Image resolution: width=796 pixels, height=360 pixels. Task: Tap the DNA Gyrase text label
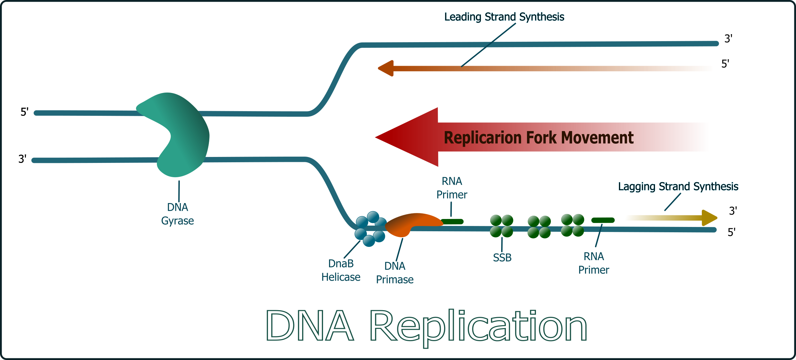tap(177, 214)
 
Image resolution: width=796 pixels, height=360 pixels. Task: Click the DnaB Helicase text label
tap(341, 270)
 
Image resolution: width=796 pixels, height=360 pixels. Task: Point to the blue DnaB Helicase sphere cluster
tap(370, 229)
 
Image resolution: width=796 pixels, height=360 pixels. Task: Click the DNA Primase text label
tap(395, 273)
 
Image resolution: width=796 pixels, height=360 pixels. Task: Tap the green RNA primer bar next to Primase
tap(452, 221)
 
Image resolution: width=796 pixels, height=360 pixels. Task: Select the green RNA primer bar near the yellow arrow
tap(603, 220)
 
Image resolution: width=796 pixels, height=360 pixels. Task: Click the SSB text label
tap(502, 258)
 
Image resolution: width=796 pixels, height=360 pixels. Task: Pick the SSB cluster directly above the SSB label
tap(501, 226)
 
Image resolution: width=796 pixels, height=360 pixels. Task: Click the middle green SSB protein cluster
tap(539, 227)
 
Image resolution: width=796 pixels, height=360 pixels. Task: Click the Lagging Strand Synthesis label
tap(678, 186)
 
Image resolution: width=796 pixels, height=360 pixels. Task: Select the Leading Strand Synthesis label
tap(504, 17)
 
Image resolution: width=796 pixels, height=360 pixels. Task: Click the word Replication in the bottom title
tap(478, 327)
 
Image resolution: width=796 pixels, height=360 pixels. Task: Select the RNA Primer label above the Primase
tap(452, 188)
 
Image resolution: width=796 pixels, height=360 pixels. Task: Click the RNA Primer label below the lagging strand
tap(594, 263)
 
